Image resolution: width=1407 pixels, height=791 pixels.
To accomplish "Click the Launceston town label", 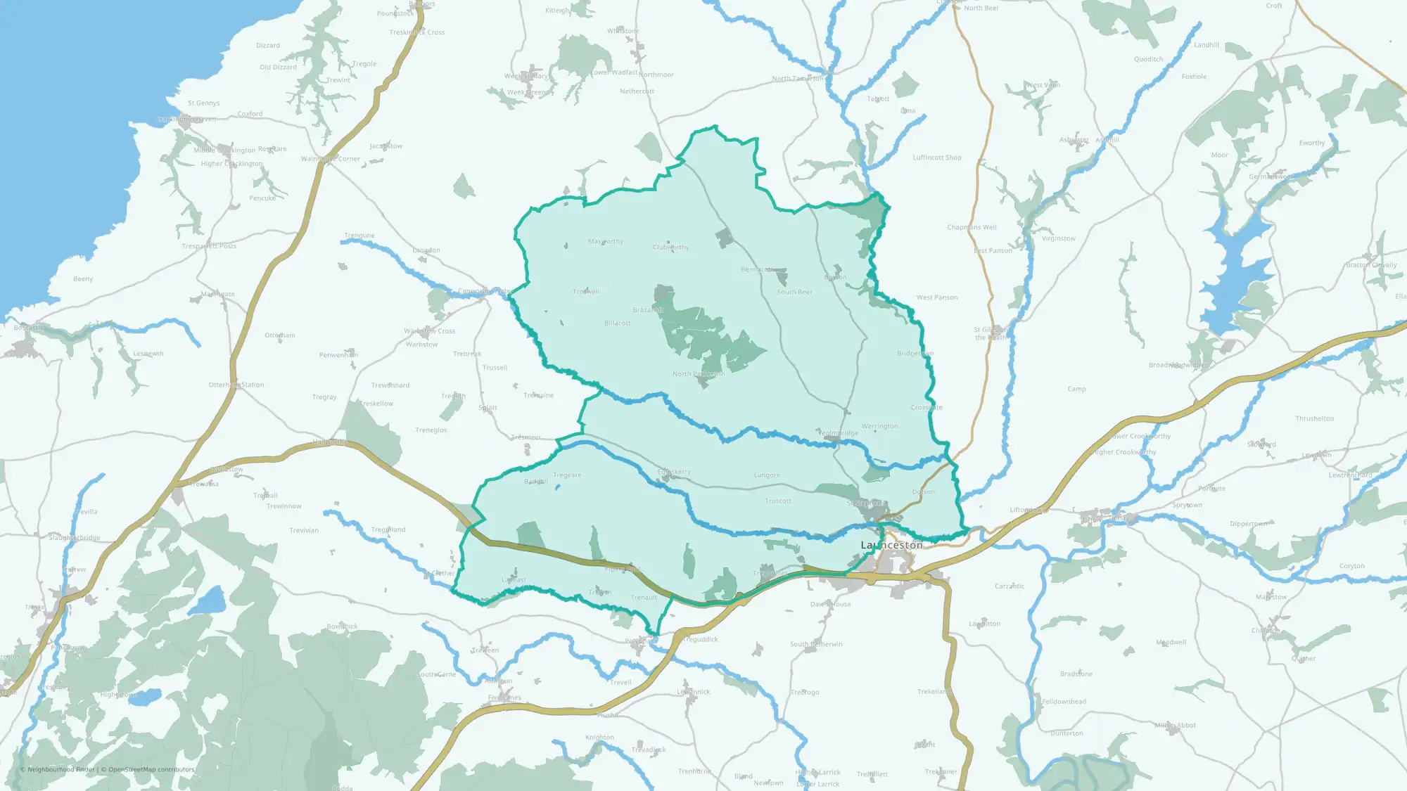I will [x=891, y=545].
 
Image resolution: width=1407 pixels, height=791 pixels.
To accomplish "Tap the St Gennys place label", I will [x=203, y=103].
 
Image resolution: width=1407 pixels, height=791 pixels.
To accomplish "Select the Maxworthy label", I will [x=606, y=242].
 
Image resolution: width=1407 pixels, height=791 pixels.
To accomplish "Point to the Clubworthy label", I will [x=670, y=247].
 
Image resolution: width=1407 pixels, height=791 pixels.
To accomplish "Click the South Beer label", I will [x=794, y=292].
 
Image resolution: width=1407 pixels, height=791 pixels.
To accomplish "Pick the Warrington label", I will [x=879, y=427].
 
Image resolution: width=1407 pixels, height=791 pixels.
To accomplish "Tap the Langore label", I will [x=767, y=475].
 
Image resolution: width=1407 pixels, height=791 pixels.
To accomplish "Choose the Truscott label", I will [x=778, y=501].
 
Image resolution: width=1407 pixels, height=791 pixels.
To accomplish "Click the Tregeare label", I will [x=567, y=475].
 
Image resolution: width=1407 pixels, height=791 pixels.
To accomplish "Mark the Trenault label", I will [x=644, y=598].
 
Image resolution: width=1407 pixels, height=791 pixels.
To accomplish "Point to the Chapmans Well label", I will [x=972, y=228].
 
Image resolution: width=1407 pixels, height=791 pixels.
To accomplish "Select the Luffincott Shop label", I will [x=937, y=158].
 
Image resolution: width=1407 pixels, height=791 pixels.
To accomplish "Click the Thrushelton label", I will [x=1314, y=419].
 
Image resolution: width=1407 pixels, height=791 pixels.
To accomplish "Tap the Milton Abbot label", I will [x=1175, y=726].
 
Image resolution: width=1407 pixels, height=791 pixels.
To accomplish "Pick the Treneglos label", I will [x=431, y=430].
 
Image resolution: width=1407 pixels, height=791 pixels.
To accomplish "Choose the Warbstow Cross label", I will [x=429, y=331].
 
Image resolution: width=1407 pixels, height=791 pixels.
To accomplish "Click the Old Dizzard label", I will [x=278, y=67].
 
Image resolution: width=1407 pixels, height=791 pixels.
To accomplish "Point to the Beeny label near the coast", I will [x=83, y=279].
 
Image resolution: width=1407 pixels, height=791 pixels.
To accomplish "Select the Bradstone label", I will [x=1076, y=674].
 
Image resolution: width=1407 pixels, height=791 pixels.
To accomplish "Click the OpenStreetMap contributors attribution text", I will [x=151, y=769].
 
